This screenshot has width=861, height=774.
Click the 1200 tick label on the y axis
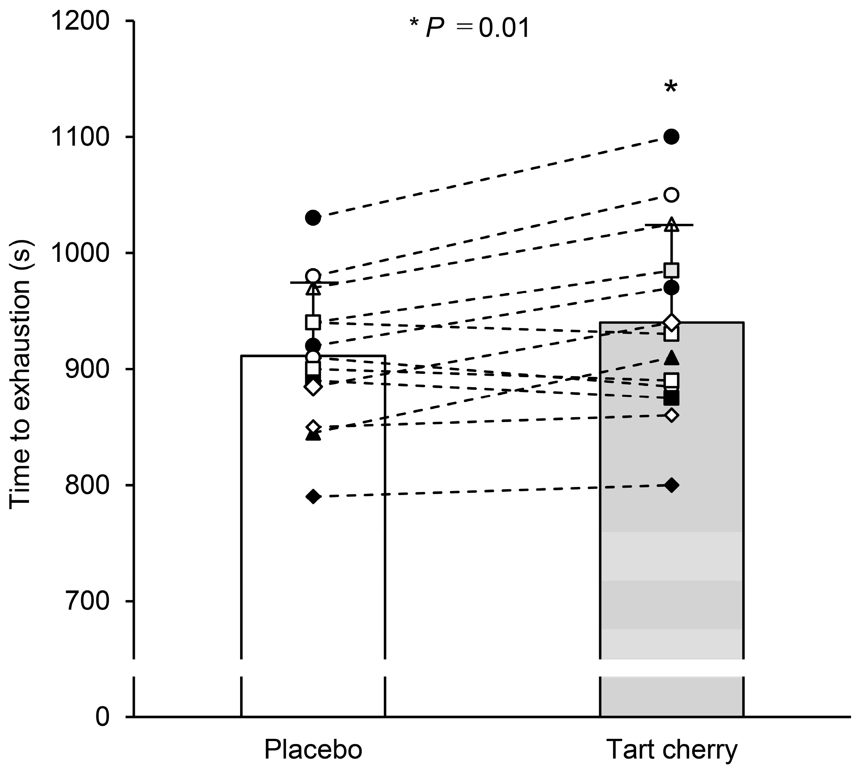coord(80,21)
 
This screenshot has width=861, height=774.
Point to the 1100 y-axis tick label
coord(80,137)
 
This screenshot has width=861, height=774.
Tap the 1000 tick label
coord(80,253)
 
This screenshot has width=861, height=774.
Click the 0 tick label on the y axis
coord(102,717)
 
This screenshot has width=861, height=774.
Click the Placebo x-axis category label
coord(313,749)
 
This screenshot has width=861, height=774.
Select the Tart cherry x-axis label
coord(672,749)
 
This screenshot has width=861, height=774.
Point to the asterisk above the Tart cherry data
coord(670,87)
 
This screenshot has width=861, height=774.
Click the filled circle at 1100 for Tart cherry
coord(672,137)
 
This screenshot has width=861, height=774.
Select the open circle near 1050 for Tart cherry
coord(672,195)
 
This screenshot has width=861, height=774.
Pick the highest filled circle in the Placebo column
coord(313,218)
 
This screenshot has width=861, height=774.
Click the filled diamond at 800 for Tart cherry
coord(672,485)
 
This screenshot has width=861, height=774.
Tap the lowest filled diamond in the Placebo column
coord(313,496)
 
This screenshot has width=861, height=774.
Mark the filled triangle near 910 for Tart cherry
coord(672,358)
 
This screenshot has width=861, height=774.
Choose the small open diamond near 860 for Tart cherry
coord(672,415)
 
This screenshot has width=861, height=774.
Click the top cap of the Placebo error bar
coord(313,282)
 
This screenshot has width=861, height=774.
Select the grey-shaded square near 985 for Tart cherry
coord(672,270)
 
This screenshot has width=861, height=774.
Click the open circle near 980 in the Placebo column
coord(313,276)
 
